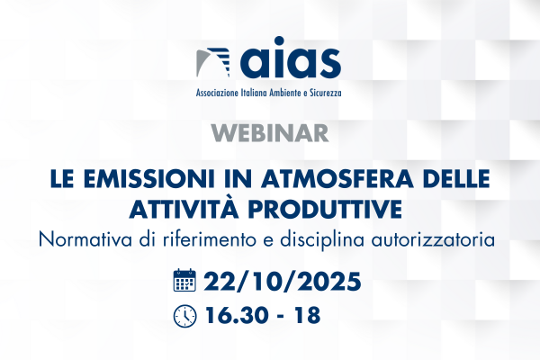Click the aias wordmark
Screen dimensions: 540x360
(x=291, y=58)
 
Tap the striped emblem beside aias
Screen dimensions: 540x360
(x=212, y=62)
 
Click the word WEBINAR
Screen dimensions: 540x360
(x=270, y=133)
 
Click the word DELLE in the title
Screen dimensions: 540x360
(x=456, y=179)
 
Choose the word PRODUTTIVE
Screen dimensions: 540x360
(x=325, y=210)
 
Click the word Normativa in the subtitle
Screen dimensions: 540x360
(x=85, y=239)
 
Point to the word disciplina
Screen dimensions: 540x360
(x=322, y=240)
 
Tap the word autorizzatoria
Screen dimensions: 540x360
(x=433, y=239)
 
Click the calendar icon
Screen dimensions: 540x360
(x=184, y=280)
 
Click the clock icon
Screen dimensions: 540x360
(x=184, y=316)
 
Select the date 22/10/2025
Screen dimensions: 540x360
(x=283, y=282)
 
